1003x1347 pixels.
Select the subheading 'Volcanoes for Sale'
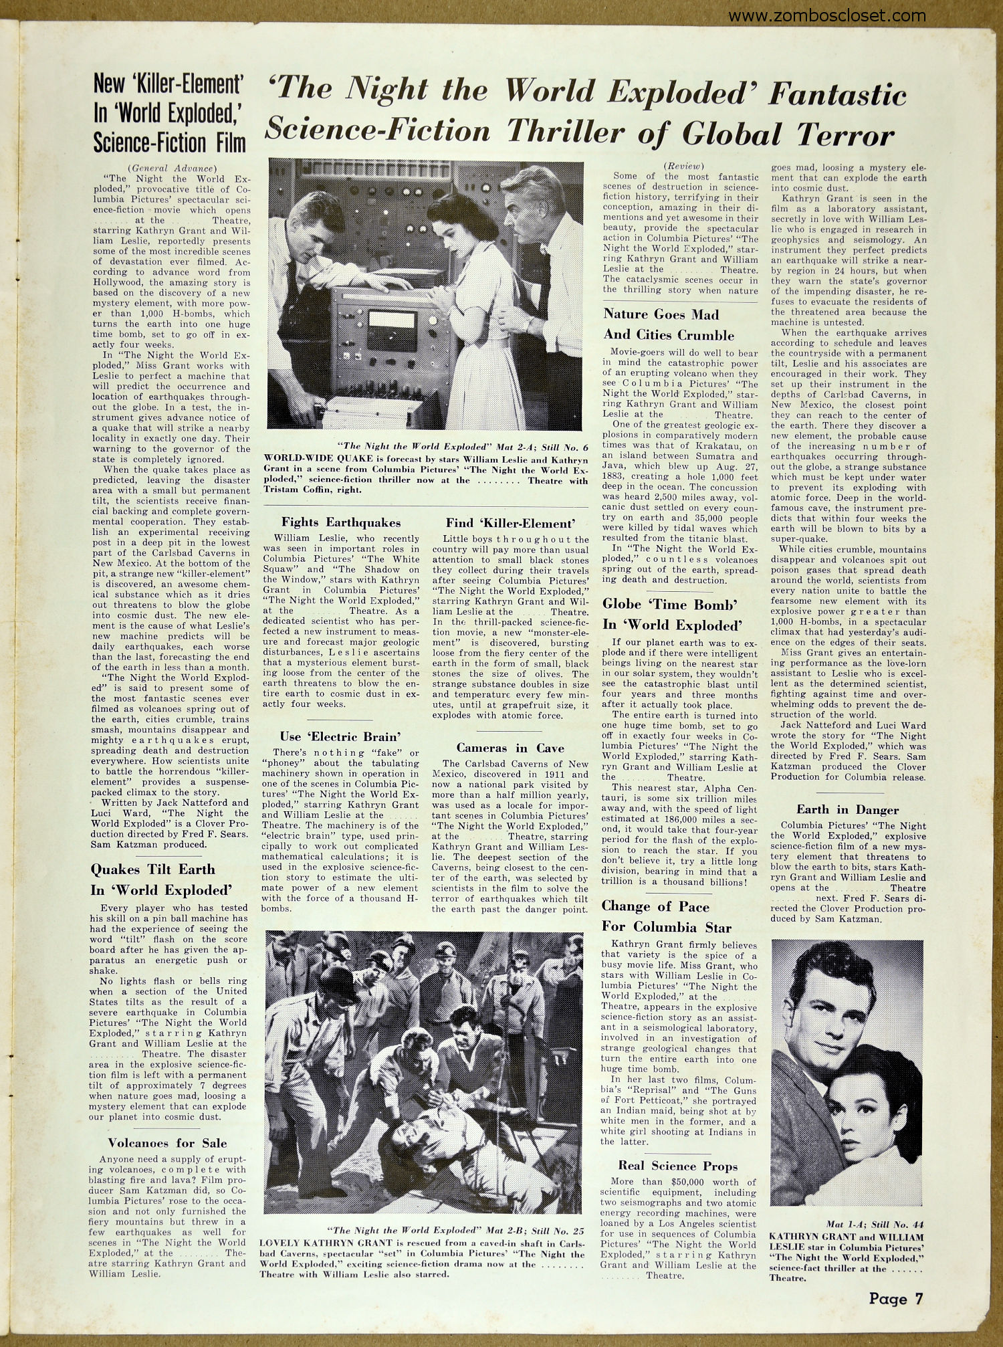168,1143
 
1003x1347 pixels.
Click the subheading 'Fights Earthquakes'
341,522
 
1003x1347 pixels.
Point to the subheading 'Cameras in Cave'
510,748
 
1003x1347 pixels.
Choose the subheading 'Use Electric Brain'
340,736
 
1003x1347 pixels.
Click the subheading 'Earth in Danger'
847,809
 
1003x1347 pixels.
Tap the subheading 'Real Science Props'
678,1166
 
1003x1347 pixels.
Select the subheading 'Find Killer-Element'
510,523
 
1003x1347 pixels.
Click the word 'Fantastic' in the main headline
837,94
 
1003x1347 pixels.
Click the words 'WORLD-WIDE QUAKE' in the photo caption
304,460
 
